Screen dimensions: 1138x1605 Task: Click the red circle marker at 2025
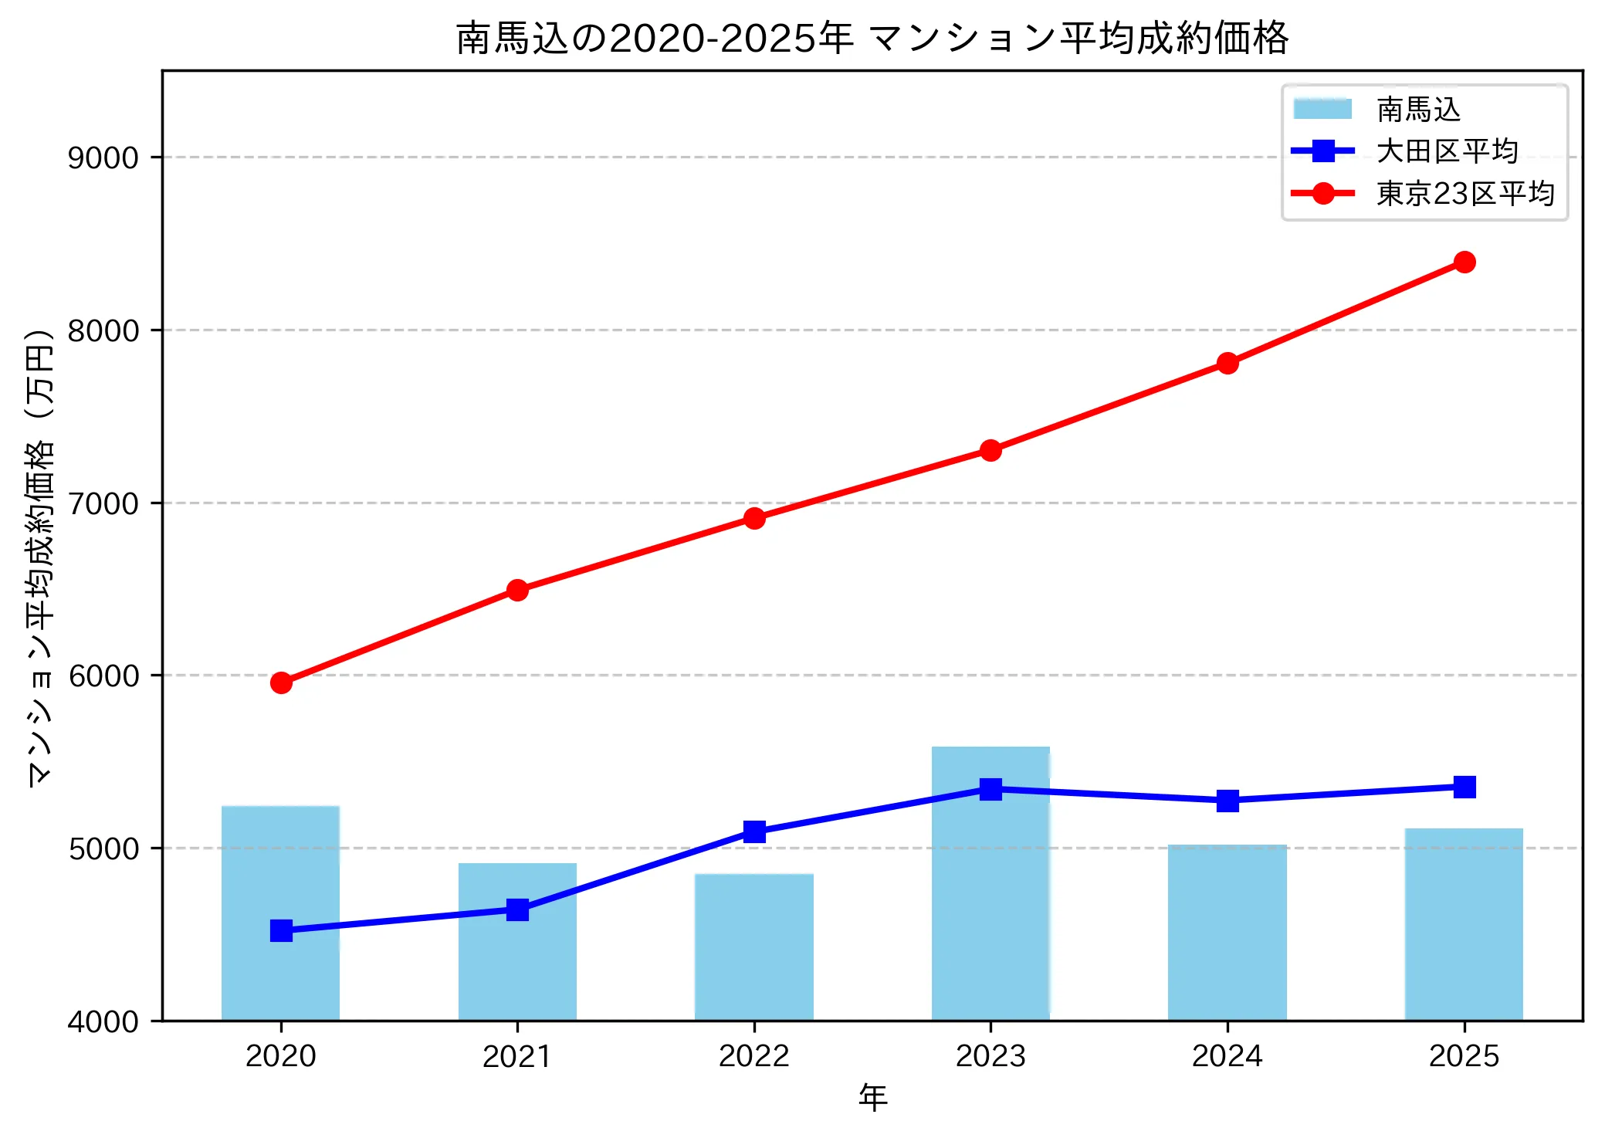(x=1464, y=262)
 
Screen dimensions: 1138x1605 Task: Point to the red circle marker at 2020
(x=281, y=683)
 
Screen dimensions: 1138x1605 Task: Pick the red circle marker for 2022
(x=754, y=518)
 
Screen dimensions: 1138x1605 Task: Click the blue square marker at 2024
(x=1227, y=801)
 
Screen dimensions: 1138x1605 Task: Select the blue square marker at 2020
(x=281, y=930)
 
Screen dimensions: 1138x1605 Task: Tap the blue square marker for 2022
(x=754, y=831)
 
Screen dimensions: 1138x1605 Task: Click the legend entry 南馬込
(x=1419, y=110)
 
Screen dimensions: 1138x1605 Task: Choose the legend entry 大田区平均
(x=1447, y=151)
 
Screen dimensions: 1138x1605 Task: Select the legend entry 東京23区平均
(x=1464, y=194)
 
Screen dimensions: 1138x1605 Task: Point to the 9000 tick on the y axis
(x=103, y=158)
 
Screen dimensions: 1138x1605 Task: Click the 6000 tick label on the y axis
(x=103, y=676)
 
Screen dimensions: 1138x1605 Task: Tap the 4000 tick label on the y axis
(x=103, y=1021)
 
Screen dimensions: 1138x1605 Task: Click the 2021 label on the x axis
(x=517, y=1056)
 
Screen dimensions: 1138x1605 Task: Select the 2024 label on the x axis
(x=1227, y=1056)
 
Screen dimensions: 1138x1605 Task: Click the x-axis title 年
(x=873, y=1097)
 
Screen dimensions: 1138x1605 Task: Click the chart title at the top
(x=872, y=38)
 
